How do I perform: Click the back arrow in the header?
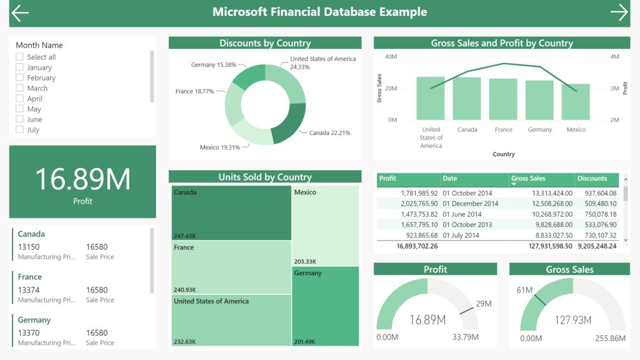[20, 13]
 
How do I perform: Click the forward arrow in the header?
[619, 13]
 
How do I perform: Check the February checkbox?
[20, 78]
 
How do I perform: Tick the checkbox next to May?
[20, 109]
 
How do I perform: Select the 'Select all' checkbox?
[20, 57]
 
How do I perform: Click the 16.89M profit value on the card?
[82, 179]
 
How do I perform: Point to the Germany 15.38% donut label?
[213, 65]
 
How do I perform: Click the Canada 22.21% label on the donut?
[329, 133]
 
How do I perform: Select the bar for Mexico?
[576, 102]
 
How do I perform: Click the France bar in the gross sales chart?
[503, 99]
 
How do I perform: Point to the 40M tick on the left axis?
[390, 57]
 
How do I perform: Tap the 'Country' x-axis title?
[503, 154]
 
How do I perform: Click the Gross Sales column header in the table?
[528, 179]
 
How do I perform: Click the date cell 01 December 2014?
[471, 204]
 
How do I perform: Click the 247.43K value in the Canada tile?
[185, 236]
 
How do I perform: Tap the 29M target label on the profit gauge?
[483, 304]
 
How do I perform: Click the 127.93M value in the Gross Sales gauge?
[572, 320]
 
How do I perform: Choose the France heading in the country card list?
[30, 277]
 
